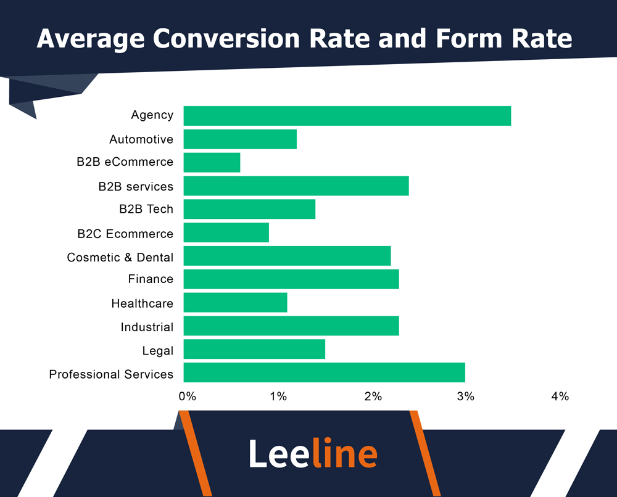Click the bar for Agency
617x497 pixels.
tap(347, 116)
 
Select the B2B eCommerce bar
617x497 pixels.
tap(212, 163)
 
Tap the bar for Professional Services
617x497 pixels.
tap(324, 373)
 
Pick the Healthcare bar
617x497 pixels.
tap(235, 303)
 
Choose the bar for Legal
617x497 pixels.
tap(254, 350)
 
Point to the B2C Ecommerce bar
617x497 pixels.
tap(226, 233)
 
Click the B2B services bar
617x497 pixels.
tap(296, 186)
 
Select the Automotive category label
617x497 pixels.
tap(141, 139)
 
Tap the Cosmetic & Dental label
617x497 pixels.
tap(120, 257)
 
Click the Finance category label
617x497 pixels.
tap(151, 279)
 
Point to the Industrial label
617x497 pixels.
tap(147, 327)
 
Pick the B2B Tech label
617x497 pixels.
tap(146, 210)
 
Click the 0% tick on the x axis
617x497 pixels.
tap(187, 396)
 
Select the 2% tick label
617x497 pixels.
tap(373, 396)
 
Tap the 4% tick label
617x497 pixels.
tap(560, 396)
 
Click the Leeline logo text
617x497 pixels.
tap(313, 454)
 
